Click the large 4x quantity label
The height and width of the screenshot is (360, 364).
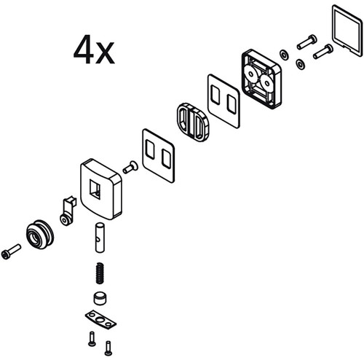pyautogui.click(x=94, y=50)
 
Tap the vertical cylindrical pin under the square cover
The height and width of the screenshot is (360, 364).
pyautogui.click(x=100, y=238)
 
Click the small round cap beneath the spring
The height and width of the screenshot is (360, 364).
pyautogui.click(x=100, y=298)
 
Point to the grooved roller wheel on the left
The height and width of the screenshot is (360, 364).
pyautogui.click(x=40, y=235)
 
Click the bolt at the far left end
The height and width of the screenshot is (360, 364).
pyautogui.click(x=11, y=251)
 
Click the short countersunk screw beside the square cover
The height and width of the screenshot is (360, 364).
pyautogui.click(x=130, y=168)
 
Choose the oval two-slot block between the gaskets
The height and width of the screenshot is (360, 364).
pyautogui.click(x=193, y=122)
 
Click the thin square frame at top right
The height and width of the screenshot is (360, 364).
pyautogui.click(x=347, y=31)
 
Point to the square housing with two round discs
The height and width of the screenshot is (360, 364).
pyautogui.click(x=261, y=79)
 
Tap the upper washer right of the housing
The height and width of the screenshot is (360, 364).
pyautogui.click(x=284, y=54)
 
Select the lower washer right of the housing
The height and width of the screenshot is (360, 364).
pyautogui.click(x=301, y=64)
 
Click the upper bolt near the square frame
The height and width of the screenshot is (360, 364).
pyautogui.click(x=307, y=42)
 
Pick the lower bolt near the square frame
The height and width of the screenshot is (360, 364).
pyautogui.click(x=323, y=52)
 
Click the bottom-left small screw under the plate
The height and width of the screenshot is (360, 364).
pyautogui.click(x=92, y=339)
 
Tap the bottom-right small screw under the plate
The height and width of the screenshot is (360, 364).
pyautogui.click(x=108, y=348)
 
